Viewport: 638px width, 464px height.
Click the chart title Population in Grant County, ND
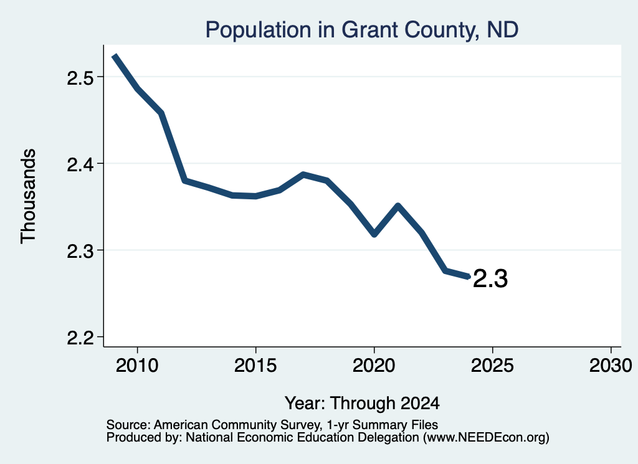tap(362, 30)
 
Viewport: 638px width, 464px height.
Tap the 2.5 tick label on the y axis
tap(80, 77)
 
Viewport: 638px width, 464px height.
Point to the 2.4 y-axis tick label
tap(80, 164)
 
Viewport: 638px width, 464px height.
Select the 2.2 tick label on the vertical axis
tap(80, 338)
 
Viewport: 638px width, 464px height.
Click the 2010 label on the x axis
tap(137, 365)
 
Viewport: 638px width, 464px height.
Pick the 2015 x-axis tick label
tap(255, 365)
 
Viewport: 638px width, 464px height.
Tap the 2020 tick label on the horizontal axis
tap(374, 365)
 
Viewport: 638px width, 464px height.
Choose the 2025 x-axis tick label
tap(492, 365)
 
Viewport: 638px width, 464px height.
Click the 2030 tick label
tap(611, 365)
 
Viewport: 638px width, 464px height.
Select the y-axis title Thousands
tap(28, 196)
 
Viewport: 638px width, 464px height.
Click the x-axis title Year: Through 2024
tap(362, 404)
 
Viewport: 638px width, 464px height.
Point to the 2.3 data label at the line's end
tap(490, 279)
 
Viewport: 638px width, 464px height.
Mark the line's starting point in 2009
tap(115, 55)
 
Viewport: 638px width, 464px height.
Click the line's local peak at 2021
tap(398, 206)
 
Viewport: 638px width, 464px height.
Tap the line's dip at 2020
tap(374, 235)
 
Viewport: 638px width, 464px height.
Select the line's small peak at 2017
tap(303, 174)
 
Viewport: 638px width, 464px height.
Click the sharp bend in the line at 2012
tap(184, 180)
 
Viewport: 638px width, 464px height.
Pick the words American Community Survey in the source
tap(236, 425)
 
